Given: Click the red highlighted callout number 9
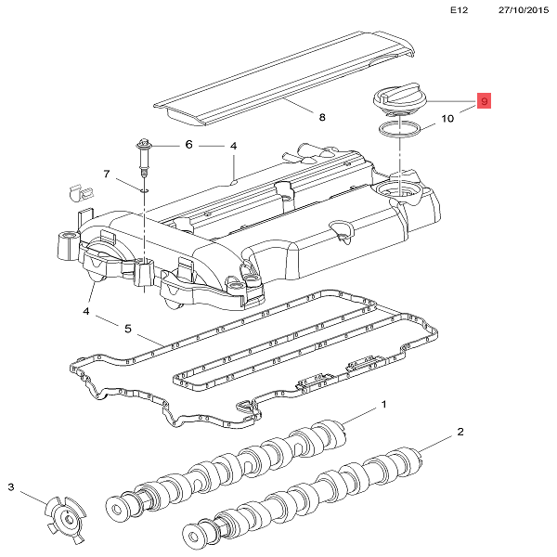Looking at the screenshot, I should (x=484, y=100).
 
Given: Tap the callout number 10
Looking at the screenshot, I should (x=447, y=119).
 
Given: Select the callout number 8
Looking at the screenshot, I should (x=322, y=118).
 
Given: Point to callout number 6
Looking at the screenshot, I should (x=188, y=145).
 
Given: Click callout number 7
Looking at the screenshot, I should (x=107, y=175).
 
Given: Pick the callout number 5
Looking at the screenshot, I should (x=128, y=328).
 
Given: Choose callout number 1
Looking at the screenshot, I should (x=383, y=406).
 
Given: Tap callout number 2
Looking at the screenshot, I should (x=460, y=433).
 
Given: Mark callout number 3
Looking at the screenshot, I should (x=12, y=487).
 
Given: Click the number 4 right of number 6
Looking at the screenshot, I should (x=234, y=146).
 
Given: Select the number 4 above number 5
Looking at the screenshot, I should (x=85, y=311).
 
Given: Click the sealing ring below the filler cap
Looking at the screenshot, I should (x=401, y=126).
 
